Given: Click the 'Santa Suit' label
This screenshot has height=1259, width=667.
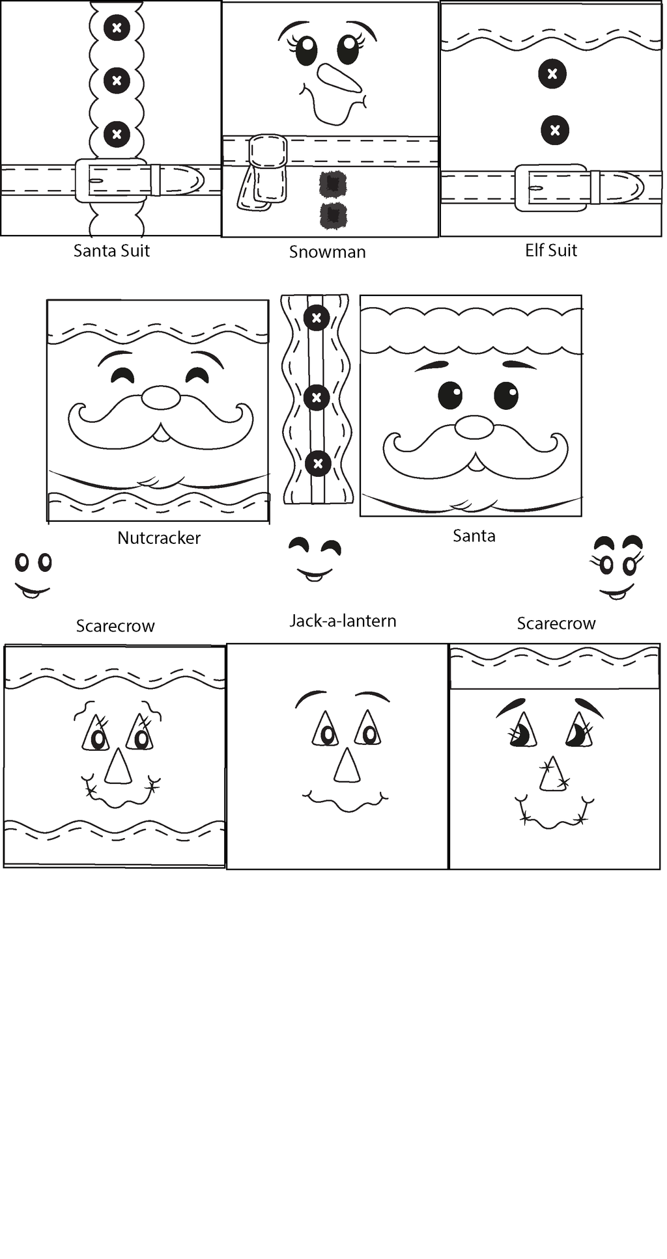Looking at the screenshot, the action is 111,250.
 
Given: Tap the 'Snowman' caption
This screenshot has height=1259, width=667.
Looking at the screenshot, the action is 327,252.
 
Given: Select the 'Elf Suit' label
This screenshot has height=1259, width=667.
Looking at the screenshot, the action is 551,250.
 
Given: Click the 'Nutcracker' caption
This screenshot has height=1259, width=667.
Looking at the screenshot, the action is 159,537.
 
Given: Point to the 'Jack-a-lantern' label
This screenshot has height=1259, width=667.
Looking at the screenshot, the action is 343,621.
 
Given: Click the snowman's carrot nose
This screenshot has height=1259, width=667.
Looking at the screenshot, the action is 339,78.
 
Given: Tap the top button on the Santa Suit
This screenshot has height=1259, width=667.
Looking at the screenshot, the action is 117,27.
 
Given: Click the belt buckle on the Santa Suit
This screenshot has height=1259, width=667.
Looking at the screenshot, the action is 111,180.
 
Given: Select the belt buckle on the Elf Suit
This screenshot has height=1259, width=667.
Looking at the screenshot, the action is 551,187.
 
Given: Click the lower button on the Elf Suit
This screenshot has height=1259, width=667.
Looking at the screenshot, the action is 554,130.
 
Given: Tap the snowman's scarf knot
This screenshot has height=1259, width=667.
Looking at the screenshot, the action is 268,152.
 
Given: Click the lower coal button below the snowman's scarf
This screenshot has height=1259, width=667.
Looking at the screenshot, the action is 333,215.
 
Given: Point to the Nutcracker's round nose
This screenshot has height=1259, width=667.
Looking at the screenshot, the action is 161,398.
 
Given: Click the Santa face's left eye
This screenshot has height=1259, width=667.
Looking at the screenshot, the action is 450,395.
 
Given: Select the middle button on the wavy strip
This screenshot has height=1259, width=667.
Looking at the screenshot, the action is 317,397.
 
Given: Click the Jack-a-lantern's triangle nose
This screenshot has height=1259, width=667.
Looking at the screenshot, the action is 347,765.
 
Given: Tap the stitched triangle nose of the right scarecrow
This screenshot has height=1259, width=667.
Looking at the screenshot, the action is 552,774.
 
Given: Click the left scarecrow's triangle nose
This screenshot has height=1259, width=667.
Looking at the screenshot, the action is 119,766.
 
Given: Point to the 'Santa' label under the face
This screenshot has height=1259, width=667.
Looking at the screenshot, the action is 474,535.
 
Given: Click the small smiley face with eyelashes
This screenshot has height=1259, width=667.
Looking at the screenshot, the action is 617,567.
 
